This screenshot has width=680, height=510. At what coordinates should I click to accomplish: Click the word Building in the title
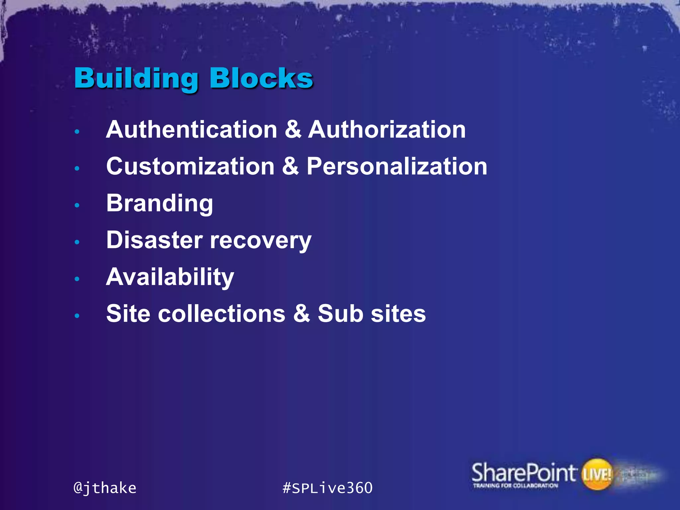point(136,79)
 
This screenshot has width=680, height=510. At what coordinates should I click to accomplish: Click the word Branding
point(159,203)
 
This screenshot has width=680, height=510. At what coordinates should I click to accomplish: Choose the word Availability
point(170,277)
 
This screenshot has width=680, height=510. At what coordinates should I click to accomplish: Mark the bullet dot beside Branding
point(77,205)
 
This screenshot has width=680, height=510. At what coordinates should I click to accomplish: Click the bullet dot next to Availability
point(77,279)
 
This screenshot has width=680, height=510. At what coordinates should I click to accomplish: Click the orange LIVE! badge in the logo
point(597,474)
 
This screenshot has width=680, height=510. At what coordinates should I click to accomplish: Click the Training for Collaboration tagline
point(515,486)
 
